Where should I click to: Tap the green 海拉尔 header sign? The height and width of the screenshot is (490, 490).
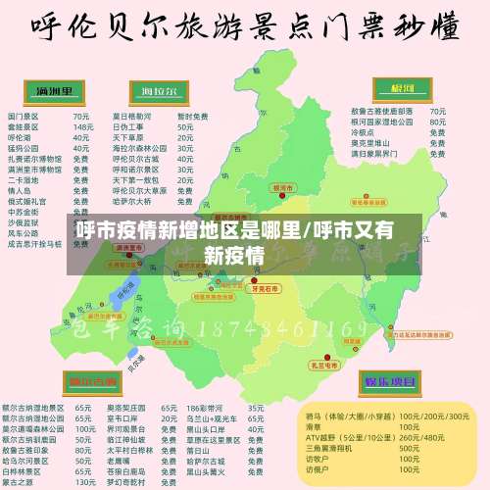click(x=159, y=92)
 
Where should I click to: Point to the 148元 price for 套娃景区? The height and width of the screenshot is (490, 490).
click(x=83, y=126)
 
